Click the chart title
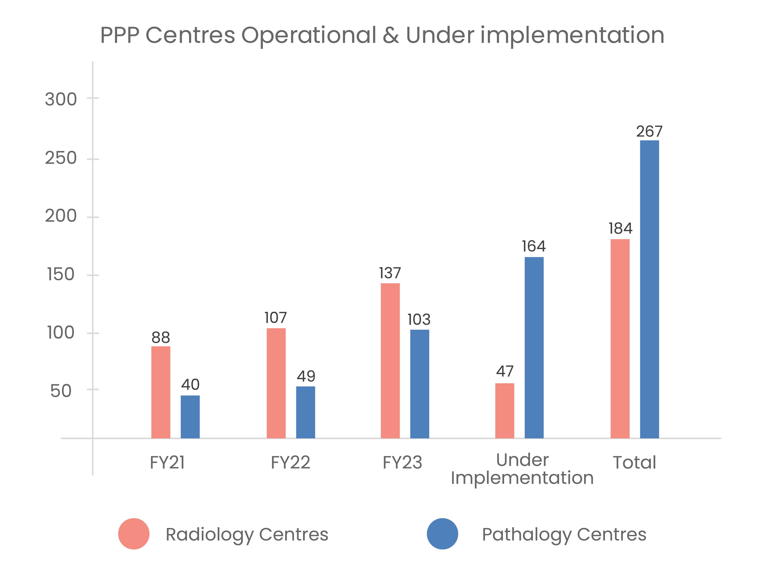click(x=382, y=35)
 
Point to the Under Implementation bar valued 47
click(x=505, y=411)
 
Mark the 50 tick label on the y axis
click(x=61, y=391)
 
